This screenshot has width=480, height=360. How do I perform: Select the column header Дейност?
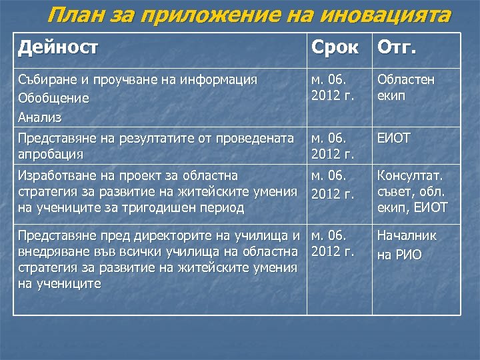[x=58, y=48]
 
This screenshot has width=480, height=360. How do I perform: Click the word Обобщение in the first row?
[x=53, y=99]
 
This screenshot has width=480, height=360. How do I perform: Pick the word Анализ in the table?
[x=40, y=117]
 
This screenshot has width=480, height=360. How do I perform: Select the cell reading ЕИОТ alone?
[x=394, y=138]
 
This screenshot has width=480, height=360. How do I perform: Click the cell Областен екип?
[x=405, y=87]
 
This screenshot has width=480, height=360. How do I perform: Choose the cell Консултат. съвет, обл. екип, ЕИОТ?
[x=412, y=191]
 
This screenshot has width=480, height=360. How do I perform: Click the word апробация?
[x=51, y=154]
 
